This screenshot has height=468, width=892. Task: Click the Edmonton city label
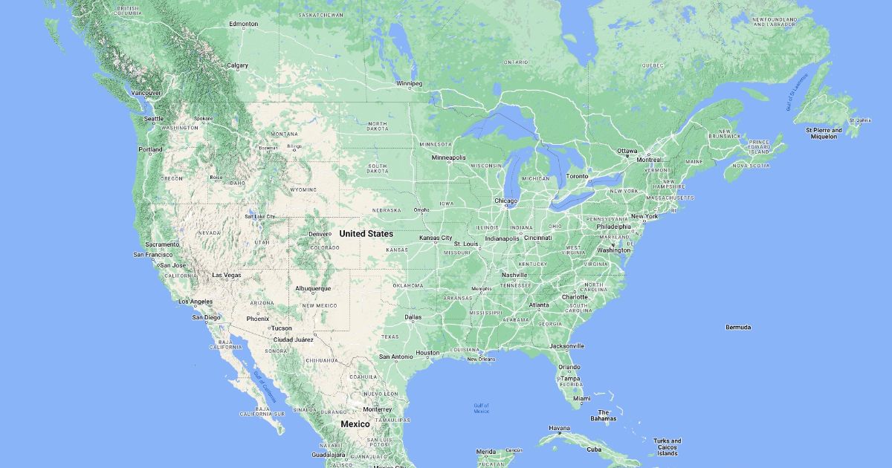[243, 24]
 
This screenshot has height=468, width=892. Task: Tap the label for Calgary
[237, 65]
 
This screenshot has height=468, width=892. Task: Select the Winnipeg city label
[408, 83]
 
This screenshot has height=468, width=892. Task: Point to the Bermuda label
[738, 327]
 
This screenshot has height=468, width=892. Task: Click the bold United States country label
[366, 234]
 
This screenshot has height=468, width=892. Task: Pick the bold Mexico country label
[355, 423]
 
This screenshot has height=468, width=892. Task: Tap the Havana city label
[559, 428]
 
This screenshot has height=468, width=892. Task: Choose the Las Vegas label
[227, 275]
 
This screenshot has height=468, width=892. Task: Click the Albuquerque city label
[313, 288]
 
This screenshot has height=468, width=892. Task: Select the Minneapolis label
[449, 157]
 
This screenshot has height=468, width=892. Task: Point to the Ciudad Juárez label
[293, 339]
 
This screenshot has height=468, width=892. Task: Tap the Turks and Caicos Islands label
[667, 446]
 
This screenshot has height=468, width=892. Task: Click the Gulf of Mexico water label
[481, 408]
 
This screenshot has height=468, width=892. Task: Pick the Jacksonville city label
[567, 345]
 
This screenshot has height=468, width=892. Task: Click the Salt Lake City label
[259, 216]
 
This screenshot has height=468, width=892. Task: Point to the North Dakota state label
[378, 126]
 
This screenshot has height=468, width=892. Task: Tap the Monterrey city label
[378, 409]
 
